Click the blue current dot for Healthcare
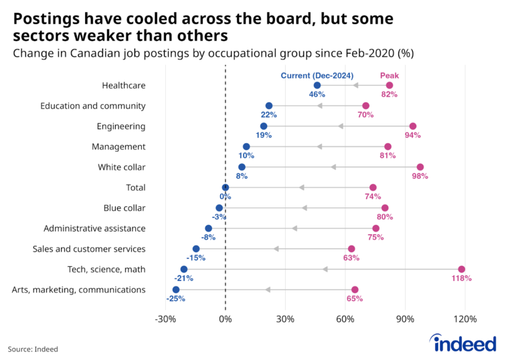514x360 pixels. click(317, 85)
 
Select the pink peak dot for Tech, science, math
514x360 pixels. click(461, 269)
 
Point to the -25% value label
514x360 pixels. click(176, 298)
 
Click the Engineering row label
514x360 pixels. click(121, 126)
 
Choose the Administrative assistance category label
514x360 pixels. click(94, 228)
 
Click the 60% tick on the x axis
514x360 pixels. click(345, 319)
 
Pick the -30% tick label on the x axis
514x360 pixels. click(165, 319)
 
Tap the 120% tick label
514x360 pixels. click(466, 319)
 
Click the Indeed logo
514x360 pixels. click(465, 343)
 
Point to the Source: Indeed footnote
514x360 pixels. click(33, 349)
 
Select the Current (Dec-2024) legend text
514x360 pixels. click(317, 75)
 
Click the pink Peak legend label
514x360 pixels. click(389, 75)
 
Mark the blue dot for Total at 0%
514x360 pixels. click(226, 187)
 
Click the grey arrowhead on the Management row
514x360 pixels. click(320, 147)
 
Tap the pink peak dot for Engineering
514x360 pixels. click(413, 126)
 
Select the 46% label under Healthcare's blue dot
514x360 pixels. click(317, 94)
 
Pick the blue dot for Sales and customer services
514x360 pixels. click(196, 249)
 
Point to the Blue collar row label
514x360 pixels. click(124, 208)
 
